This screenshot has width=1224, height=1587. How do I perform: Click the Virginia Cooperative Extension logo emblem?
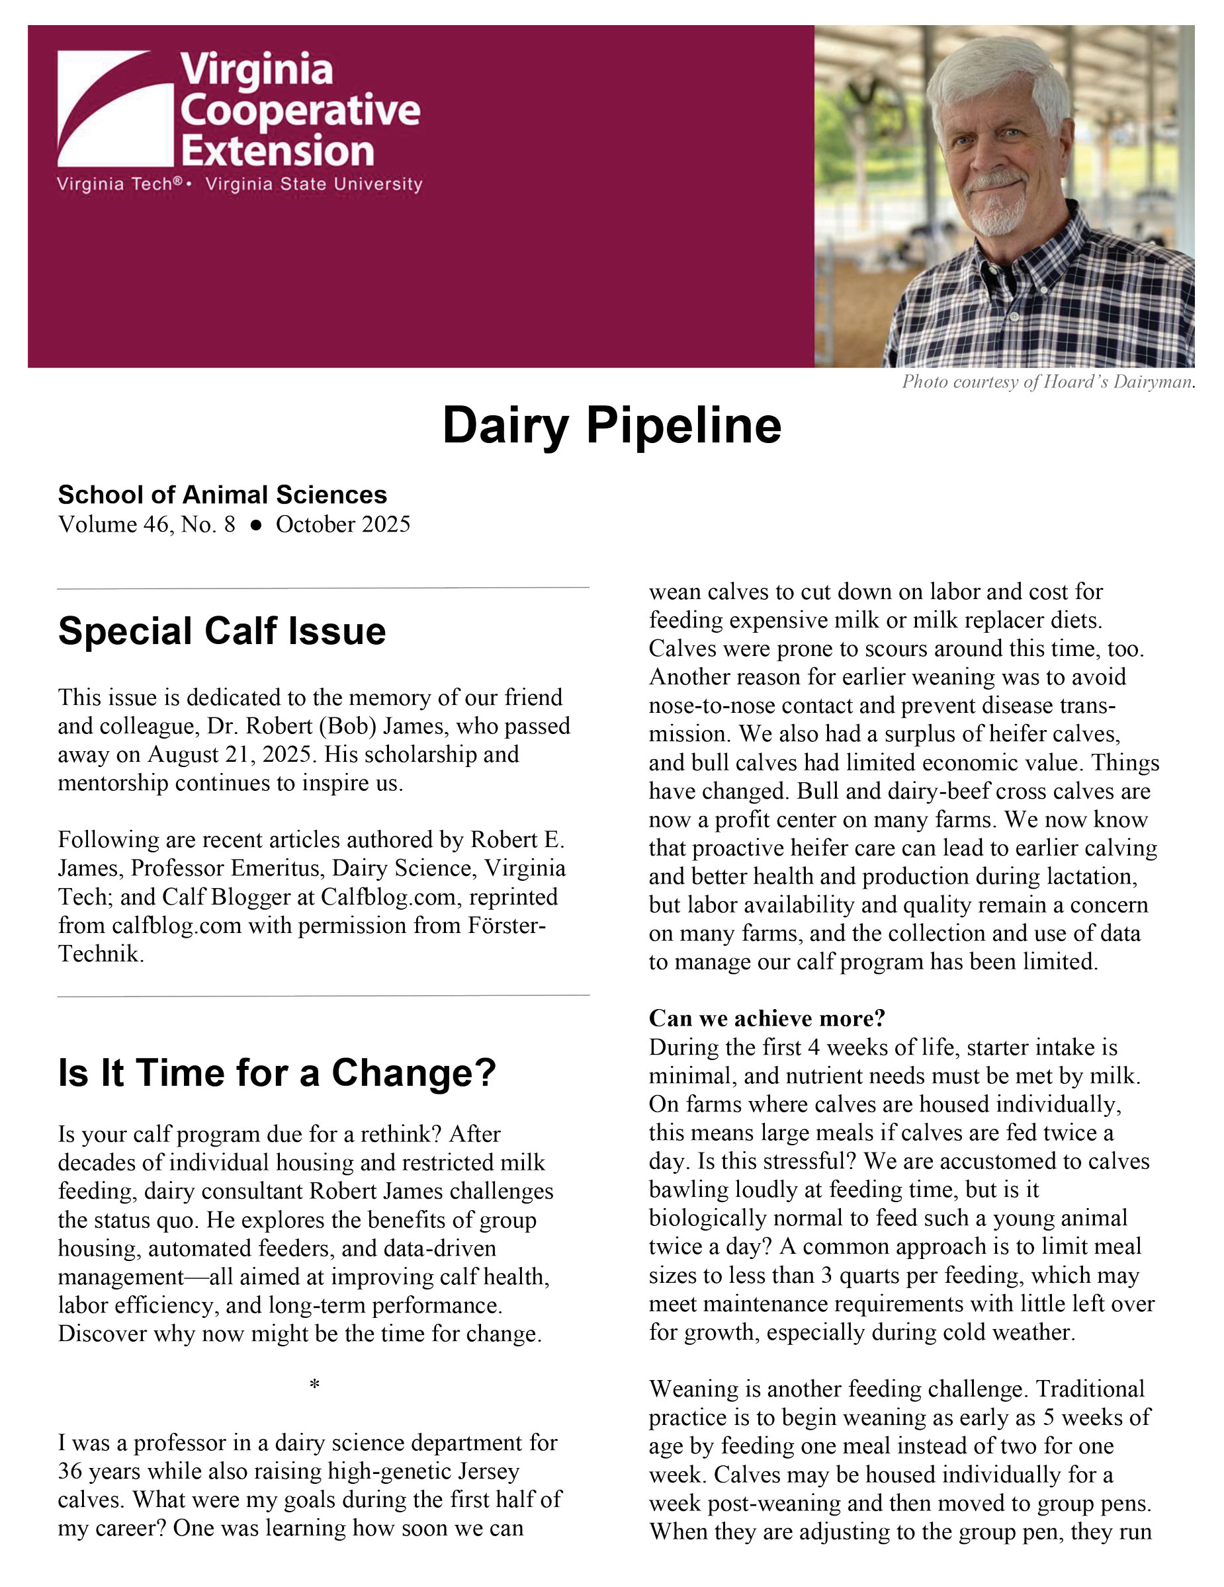115,108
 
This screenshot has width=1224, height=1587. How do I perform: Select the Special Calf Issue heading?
222,631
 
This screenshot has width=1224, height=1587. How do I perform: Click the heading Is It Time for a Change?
277,1073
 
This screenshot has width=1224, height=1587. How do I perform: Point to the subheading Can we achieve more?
767,1018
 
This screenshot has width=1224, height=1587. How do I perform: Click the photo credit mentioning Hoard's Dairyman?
1048,382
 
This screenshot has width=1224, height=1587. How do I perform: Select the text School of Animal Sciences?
222,495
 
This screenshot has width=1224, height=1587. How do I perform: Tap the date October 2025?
343,524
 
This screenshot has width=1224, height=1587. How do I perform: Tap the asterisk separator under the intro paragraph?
314,1385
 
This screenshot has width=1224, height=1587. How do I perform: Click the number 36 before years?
72,1471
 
